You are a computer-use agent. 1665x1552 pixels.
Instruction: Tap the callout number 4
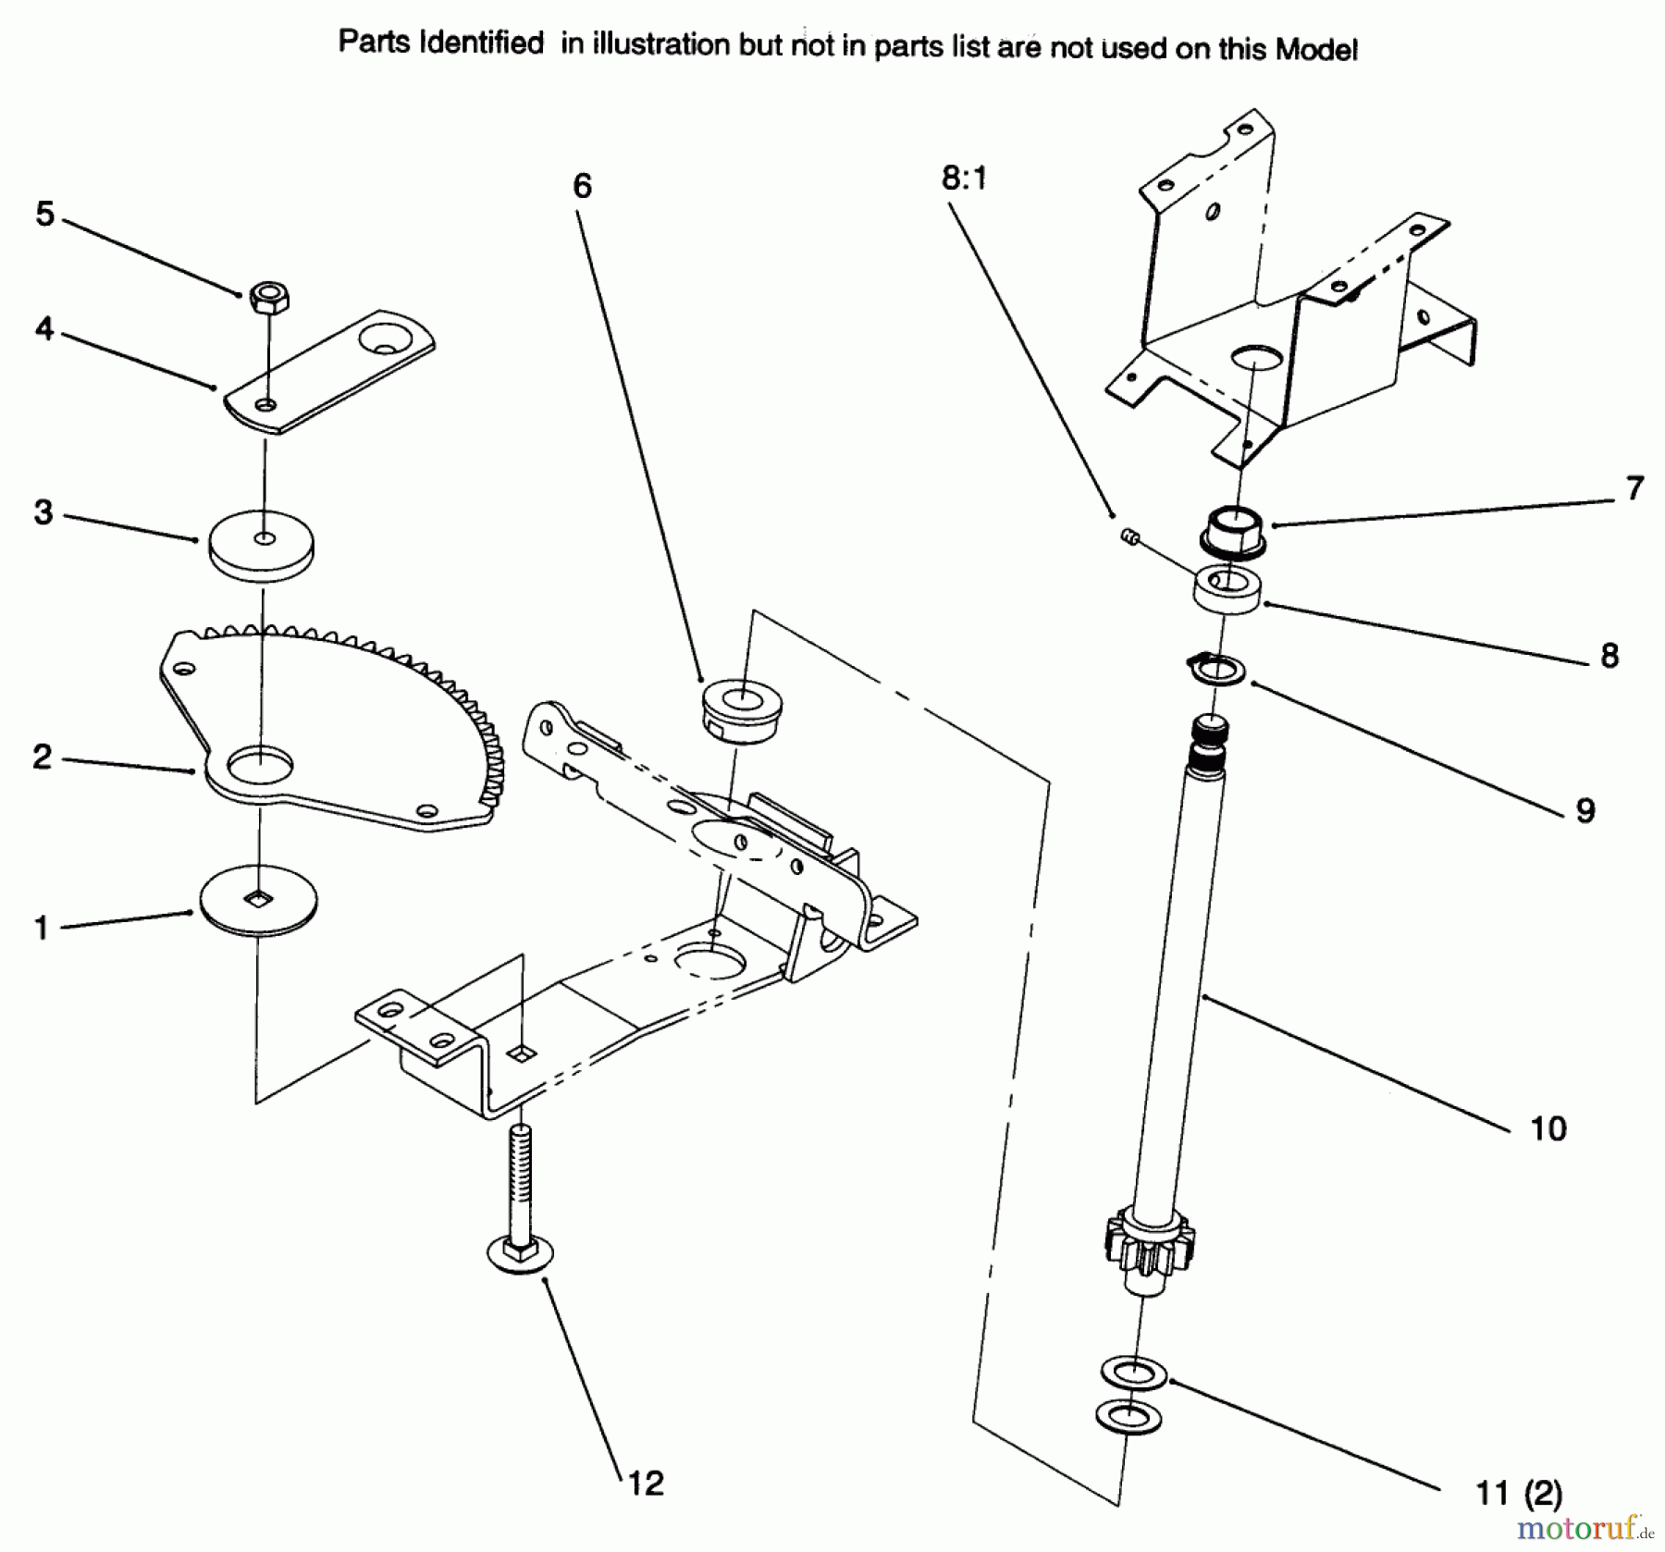tap(44, 328)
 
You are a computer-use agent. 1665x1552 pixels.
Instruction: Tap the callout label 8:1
tap(964, 177)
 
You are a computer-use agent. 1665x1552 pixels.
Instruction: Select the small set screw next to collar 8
tap(1128, 534)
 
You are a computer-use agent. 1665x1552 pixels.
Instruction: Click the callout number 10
tap(1548, 1128)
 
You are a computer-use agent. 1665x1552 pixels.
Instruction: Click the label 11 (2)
tap(1519, 1493)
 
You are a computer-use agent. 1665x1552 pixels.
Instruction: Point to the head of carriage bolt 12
tap(519, 1255)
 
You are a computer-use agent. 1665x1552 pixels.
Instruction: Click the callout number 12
tap(646, 1483)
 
